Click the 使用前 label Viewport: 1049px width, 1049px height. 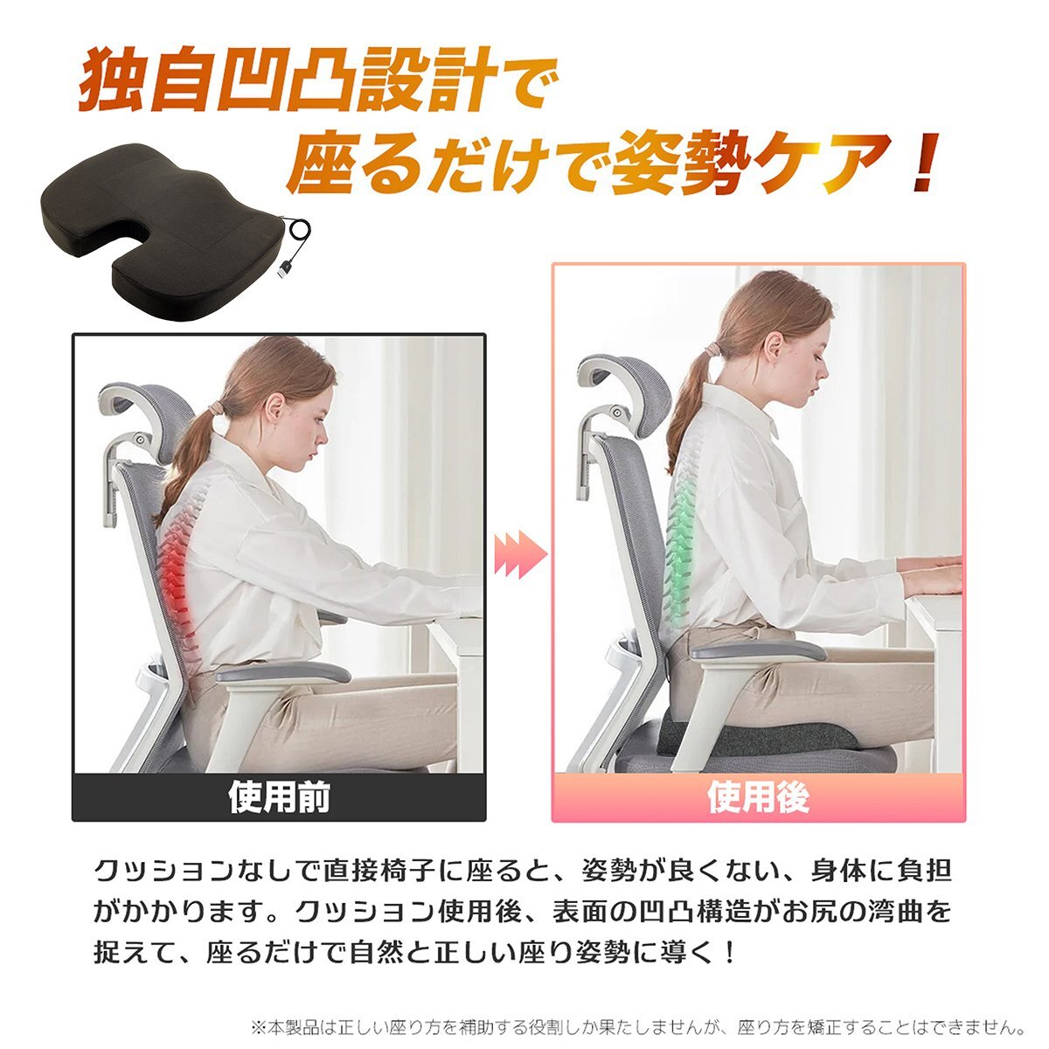pos(279,798)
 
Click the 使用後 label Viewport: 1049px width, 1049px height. pos(758,797)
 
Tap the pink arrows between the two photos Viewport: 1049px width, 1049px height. pos(521,555)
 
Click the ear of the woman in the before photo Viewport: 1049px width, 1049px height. pos(273,407)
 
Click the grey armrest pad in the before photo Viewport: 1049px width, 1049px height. pos(283,673)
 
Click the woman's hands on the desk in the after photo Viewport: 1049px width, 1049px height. pos(932,573)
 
